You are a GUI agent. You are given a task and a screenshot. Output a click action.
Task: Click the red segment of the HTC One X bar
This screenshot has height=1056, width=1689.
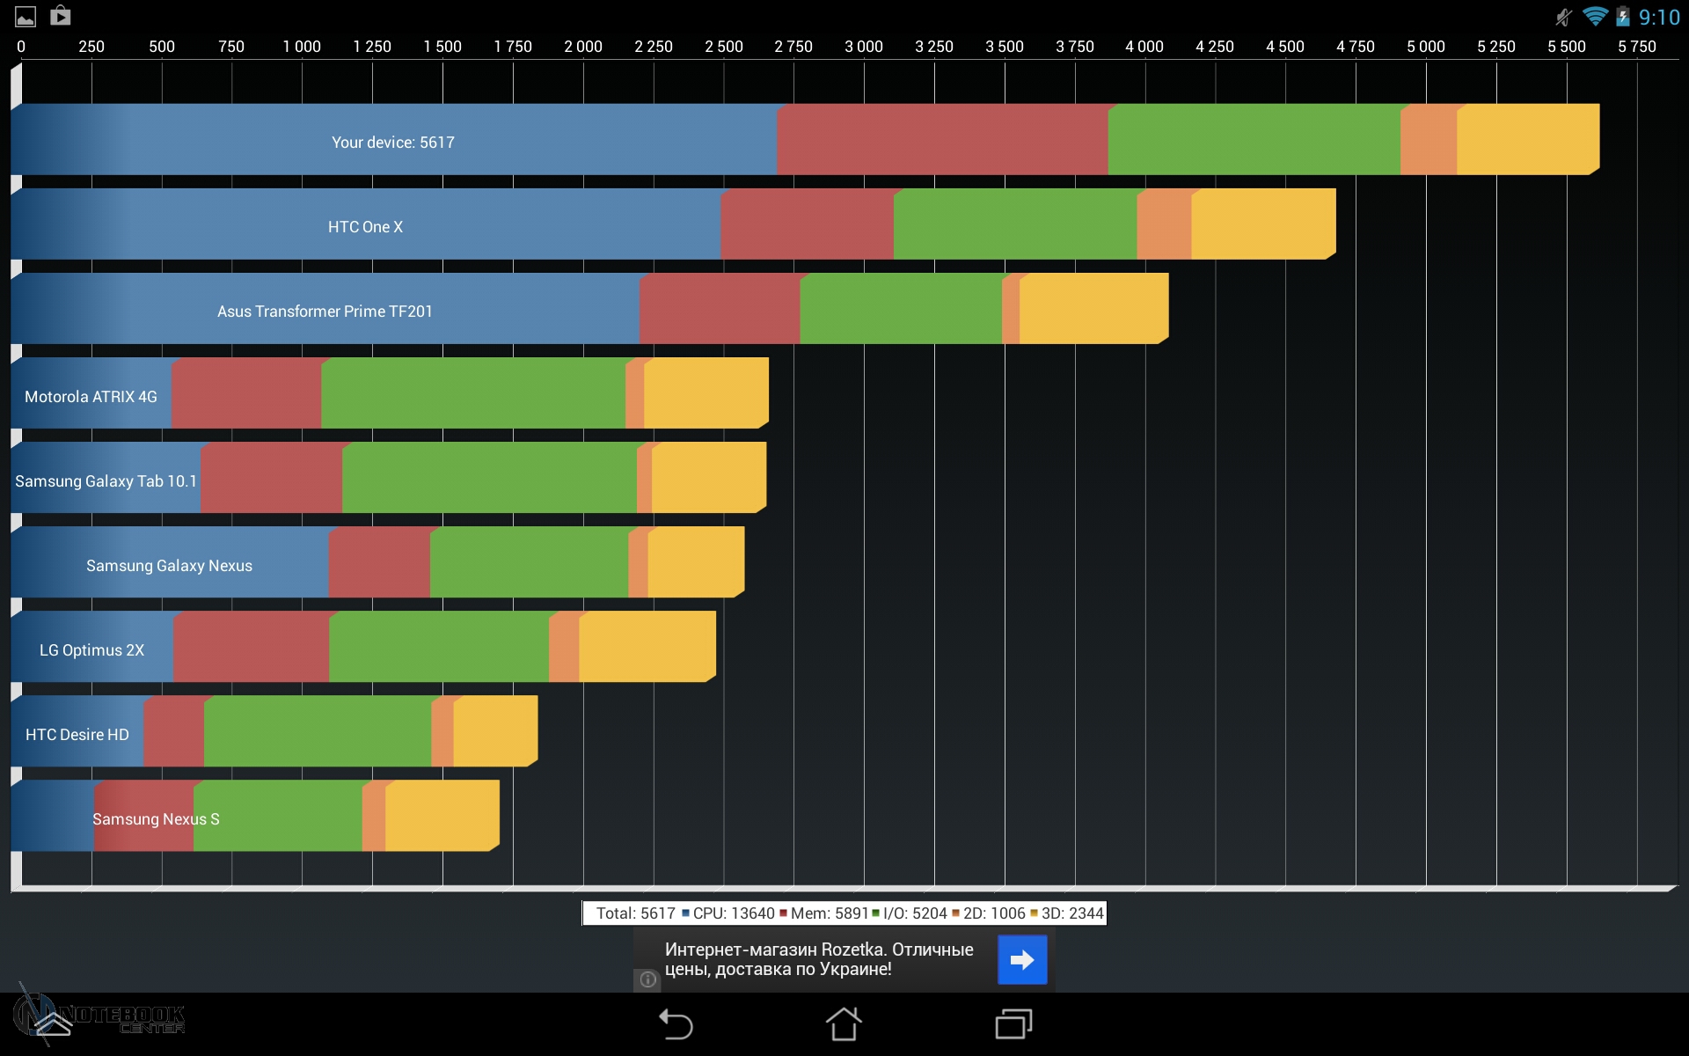[x=807, y=225]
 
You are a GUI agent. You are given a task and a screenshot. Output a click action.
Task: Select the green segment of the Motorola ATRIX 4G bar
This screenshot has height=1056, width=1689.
[x=473, y=394]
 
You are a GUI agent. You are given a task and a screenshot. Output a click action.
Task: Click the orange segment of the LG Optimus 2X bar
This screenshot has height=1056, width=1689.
[x=564, y=648]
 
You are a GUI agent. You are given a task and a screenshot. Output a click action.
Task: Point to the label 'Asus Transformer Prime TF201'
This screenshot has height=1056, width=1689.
[x=325, y=312]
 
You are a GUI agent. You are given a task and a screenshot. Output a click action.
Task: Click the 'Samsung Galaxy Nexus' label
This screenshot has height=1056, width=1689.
[x=169, y=566]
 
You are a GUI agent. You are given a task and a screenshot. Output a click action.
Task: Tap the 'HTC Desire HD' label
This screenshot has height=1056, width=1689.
[x=77, y=735]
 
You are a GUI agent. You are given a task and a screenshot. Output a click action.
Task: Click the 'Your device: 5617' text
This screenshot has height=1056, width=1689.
[x=393, y=143]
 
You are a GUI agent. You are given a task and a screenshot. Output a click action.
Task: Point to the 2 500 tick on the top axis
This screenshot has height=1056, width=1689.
[x=723, y=47]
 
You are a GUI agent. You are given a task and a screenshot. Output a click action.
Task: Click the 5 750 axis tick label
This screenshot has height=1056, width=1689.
[x=1636, y=47]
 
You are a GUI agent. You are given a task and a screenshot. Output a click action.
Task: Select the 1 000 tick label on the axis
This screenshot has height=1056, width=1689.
[x=302, y=47]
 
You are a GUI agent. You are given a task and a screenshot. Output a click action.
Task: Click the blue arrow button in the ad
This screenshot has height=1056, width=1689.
[x=1022, y=959]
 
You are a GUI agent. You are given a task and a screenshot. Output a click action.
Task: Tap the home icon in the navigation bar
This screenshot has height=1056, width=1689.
[x=844, y=1024]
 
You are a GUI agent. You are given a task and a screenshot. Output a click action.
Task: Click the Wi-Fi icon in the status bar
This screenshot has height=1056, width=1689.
[x=1594, y=17]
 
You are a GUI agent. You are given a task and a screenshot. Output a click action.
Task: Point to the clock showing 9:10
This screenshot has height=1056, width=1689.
[x=1658, y=18]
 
